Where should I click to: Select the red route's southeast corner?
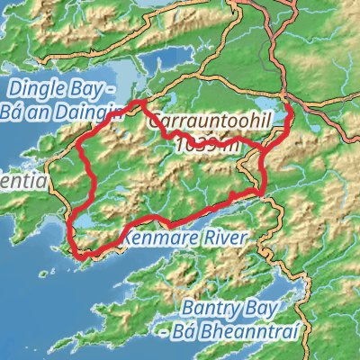click(x=262, y=191)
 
